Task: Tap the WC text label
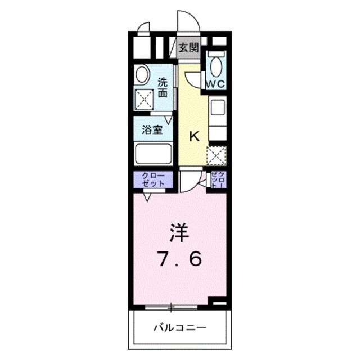click(x=217, y=84)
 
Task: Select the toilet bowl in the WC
click(x=217, y=65)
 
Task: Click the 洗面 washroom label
click(x=163, y=87)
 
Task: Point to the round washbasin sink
click(x=142, y=75)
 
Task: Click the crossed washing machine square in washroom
click(x=145, y=100)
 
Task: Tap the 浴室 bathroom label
click(x=152, y=130)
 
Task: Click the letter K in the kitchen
click(x=193, y=136)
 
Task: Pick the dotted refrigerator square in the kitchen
click(x=217, y=154)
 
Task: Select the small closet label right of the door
click(x=218, y=180)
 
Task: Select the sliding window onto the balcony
click(x=172, y=307)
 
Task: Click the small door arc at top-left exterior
click(x=143, y=28)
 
